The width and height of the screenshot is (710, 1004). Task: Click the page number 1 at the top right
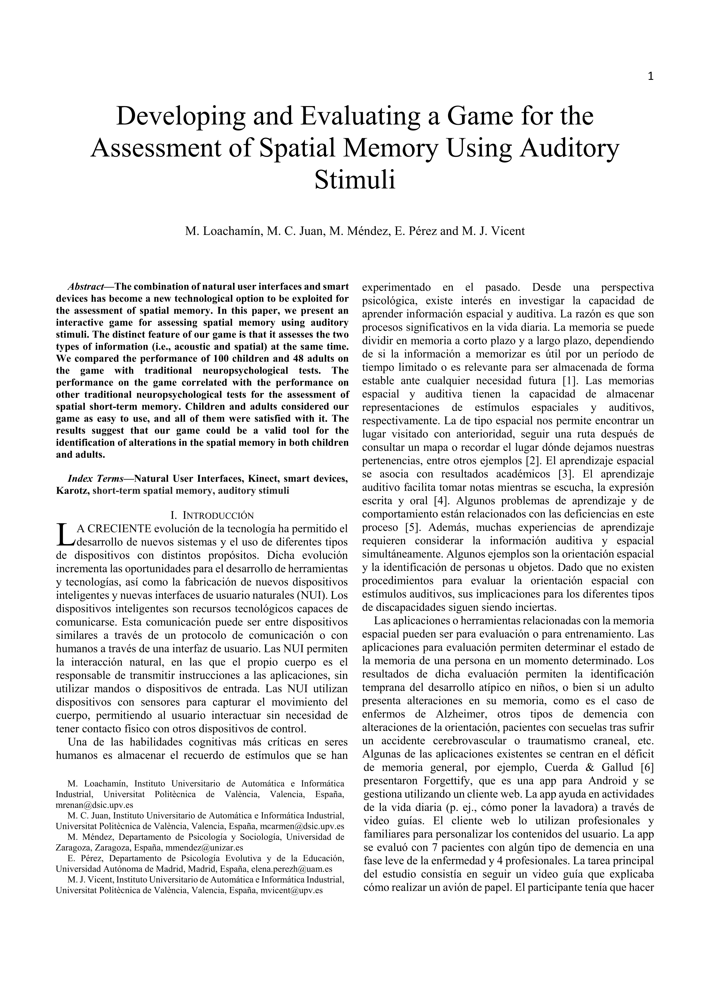650,76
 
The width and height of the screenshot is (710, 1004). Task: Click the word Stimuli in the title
355,180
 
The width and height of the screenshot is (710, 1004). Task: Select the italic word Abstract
86,287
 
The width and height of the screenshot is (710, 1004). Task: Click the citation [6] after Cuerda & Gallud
646,767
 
